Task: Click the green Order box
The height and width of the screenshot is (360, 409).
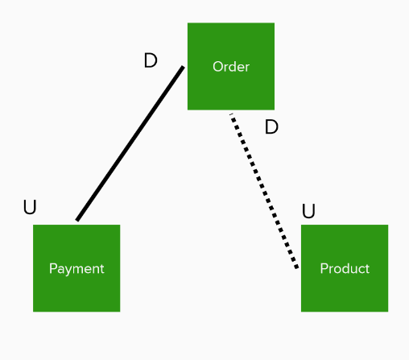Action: pos(231,66)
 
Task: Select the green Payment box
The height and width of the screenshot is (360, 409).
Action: pos(76,268)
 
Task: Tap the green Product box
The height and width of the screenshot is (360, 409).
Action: pos(345,268)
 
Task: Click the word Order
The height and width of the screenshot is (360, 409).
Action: pos(231,67)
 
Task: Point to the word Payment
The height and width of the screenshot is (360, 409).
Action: pos(76,269)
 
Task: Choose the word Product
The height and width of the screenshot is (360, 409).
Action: pos(345,268)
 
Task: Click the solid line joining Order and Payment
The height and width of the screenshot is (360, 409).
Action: pos(130,143)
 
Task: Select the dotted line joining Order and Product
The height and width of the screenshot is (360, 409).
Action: pos(264,191)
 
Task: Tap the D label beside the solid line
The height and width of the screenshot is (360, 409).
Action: pos(151,60)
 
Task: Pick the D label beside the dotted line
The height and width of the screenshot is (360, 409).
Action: pos(271,126)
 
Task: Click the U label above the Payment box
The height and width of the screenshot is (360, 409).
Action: pos(30,207)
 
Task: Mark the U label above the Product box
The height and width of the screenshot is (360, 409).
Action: pos(308,211)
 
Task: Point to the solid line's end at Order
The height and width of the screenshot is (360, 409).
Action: pos(184,67)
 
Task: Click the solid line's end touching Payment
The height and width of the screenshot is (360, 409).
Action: pos(77,221)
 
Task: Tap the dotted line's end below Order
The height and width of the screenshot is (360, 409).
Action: pos(231,114)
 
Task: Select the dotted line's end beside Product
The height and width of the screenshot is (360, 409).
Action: pos(297,267)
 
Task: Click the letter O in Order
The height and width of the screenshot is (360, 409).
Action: pos(218,67)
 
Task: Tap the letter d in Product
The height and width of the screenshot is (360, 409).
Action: pos(345,268)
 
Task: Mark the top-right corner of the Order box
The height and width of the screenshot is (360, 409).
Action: pos(275,23)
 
